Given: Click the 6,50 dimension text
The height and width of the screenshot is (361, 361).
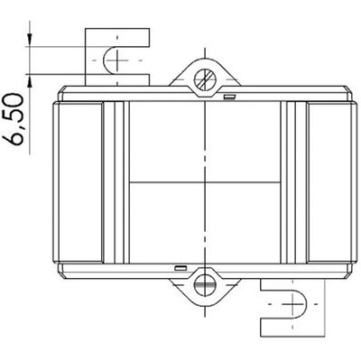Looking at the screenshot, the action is tap(14, 119).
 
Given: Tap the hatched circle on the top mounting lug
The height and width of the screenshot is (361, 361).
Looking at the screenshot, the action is tap(205, 79).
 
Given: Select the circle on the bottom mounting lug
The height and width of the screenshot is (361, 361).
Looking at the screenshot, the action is tap(205, 284).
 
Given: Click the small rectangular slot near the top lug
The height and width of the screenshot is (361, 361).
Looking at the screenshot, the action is tap(229, 97).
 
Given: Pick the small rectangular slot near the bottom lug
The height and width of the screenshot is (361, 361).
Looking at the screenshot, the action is tap(181, 268).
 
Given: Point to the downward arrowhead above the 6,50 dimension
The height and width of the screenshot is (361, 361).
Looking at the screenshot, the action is tap(30, 40).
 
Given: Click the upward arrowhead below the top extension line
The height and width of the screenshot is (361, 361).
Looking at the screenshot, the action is tap(30, 80).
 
